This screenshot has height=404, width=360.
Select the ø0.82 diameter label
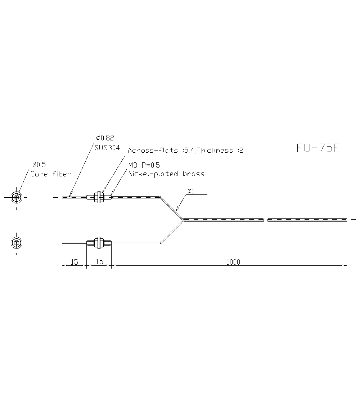pos(105,138)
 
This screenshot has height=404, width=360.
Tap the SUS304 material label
pos(107,148)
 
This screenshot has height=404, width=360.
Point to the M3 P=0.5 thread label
pos(144,165)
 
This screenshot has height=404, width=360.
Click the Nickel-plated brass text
pos(166,174)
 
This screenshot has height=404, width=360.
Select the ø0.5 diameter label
pos(39,165)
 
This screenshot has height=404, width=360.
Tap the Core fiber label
pos(50,174)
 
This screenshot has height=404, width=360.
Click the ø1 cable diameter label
pos(190,191)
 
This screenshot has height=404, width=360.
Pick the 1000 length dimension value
pos(233,262)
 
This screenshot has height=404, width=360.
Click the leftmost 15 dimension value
pos(74,262)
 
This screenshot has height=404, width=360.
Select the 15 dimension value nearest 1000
pos(99,262)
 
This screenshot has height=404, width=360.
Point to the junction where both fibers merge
pos(183,220)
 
